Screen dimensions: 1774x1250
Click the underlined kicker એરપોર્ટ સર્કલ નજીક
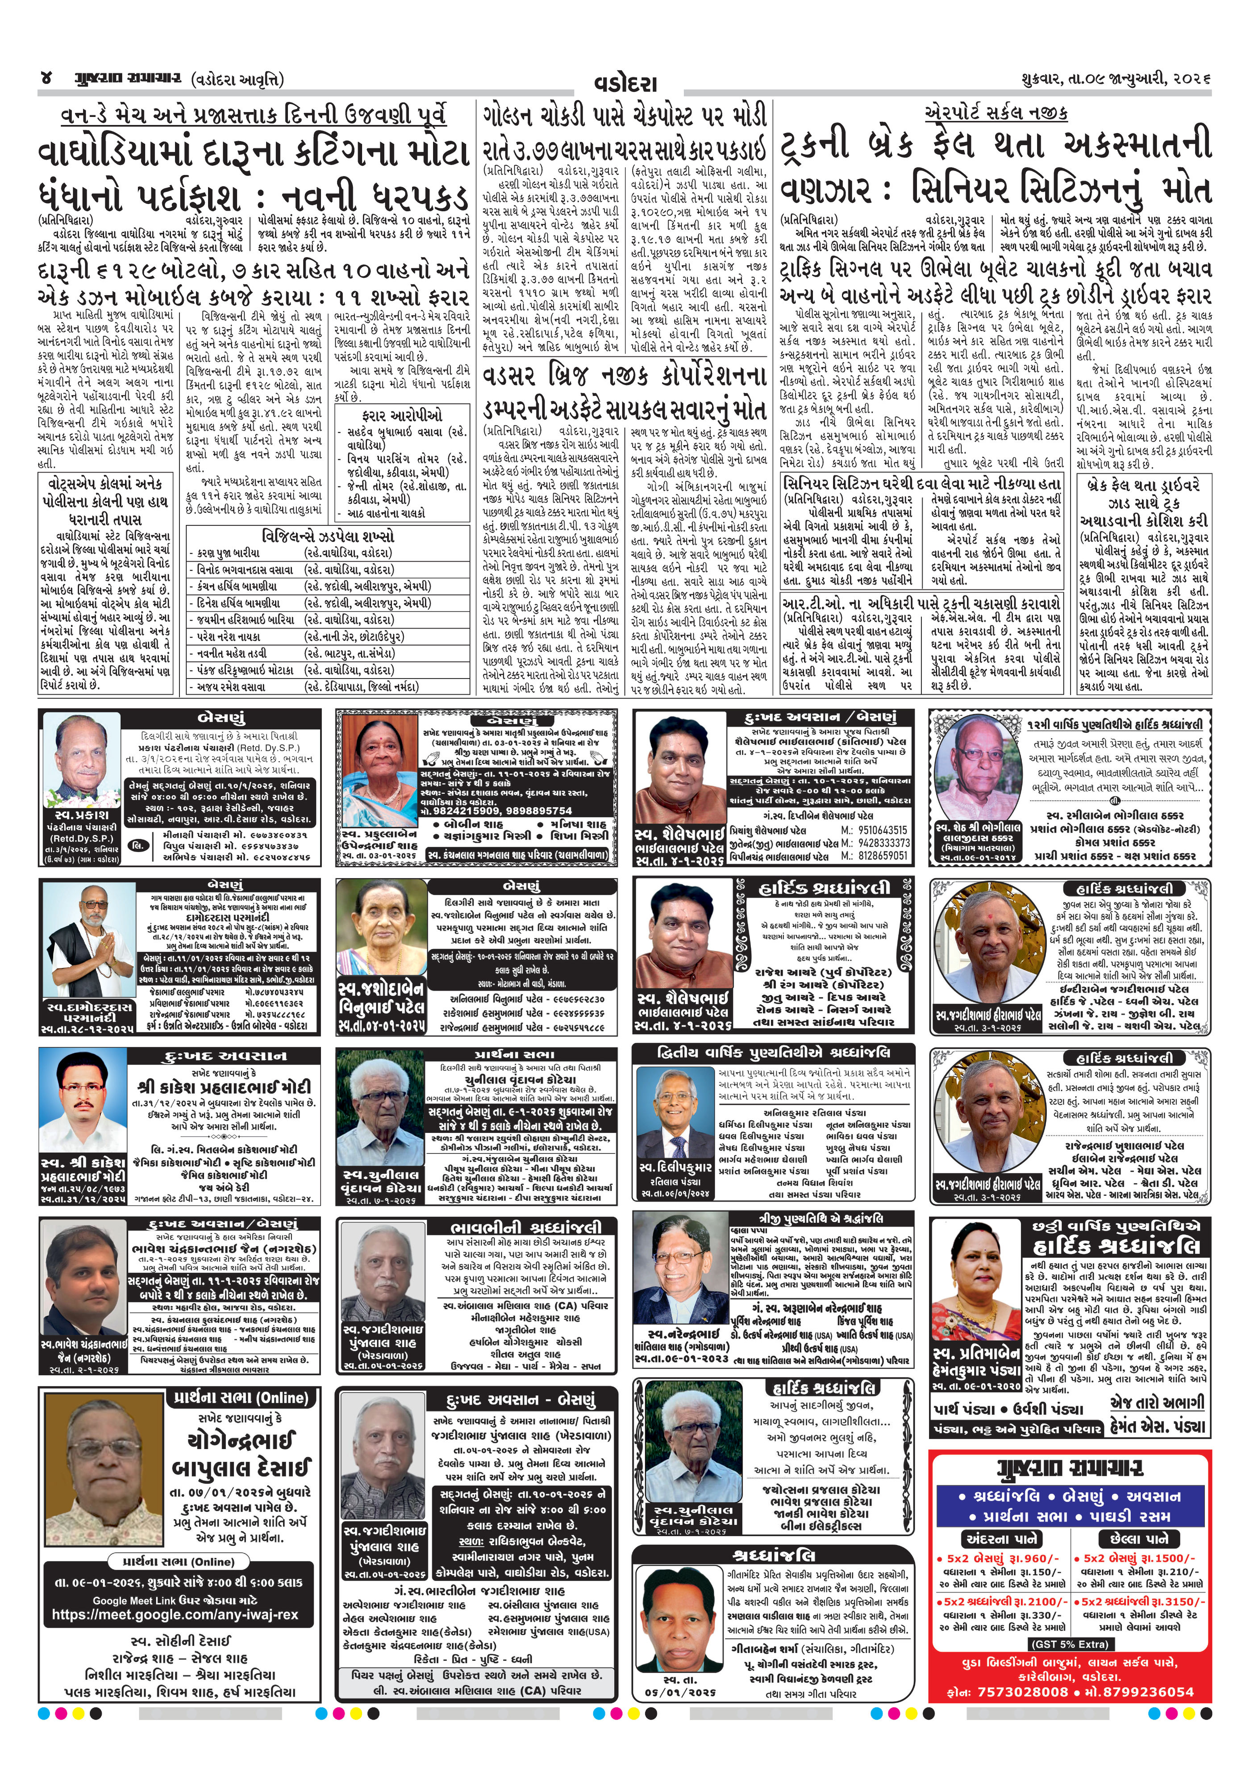pos(996,113)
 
